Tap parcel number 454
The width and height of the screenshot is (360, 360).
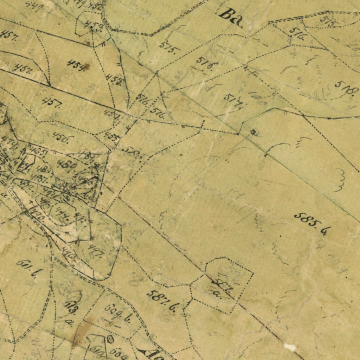click(76, 65)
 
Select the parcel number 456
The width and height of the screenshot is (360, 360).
click(60, 137)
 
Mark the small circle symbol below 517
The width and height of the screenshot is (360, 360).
click(253, 132)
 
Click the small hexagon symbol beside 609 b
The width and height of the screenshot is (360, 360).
click(110, 339)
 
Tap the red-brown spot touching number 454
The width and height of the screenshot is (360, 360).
click(86, 66)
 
